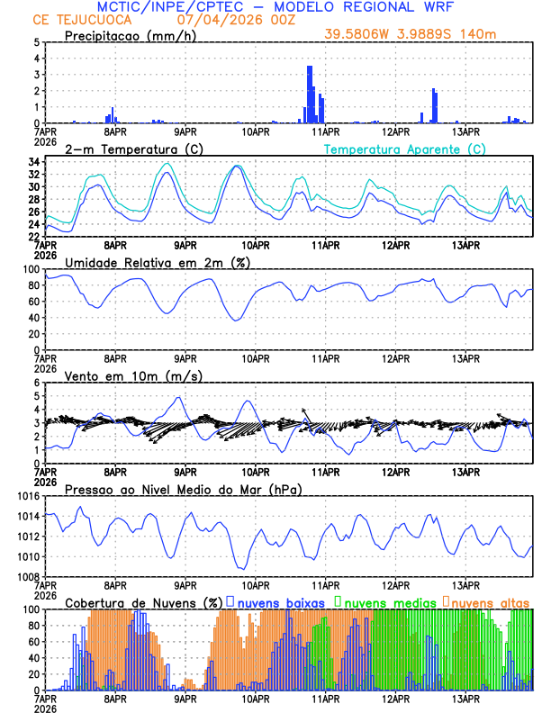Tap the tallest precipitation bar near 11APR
tap(310, 94)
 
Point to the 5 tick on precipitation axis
tap(36, 42)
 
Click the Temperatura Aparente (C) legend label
tap(404, 149)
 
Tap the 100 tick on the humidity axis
tap(32, 269)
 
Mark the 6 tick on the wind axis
tap(36, 383)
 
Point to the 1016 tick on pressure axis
tap(27, 496)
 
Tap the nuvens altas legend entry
tap(492, 601)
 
